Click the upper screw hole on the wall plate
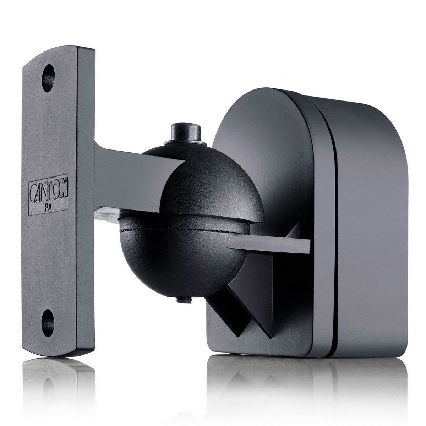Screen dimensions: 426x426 (x=48, y=78)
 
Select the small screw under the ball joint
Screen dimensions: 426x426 (x=184, y=300)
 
